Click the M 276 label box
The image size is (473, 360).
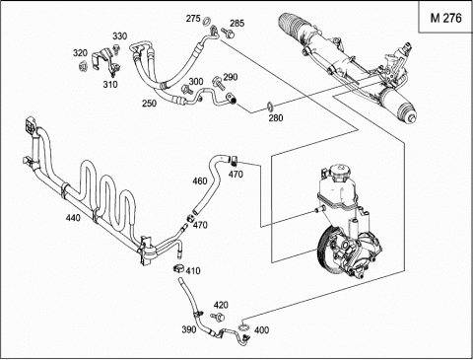pyautogui.click(x=445, y=17)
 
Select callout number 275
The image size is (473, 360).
pyautogui.click(x=193, y=19)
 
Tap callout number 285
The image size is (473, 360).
pyautogui.click(x=237, y=23)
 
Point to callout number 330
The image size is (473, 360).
pyautogui.click(x=120, y=36)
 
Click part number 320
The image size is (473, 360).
pyautogui.click(x=80, y=53)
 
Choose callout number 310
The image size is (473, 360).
pyautogui.click(x=110, y=84)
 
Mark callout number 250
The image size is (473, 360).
pyautogui.click(x=149, y=104)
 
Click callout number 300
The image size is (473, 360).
pyautogui.click(x=196, y=81)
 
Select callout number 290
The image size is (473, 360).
pyautogui.click(x=231, y=77)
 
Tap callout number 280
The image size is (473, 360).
pyautogui.click(x=276, y=117)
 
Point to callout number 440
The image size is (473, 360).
pyautogui.click(x=73, y=217)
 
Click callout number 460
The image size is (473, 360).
pyautogui.click(x=200, y=180)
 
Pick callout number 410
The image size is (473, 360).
pyautogui.click(x=193, y=270)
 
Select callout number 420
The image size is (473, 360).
pyautogui.click(x=221, y=305)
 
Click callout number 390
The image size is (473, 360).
pyautogui.click(x=189, y=329)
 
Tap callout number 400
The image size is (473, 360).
pyautogui.click(x=261, y=329)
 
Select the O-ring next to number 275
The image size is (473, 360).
pyautogui.click(x=207, y=22)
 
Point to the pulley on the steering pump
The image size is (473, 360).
pyautogui.click(x=326, y=252)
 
